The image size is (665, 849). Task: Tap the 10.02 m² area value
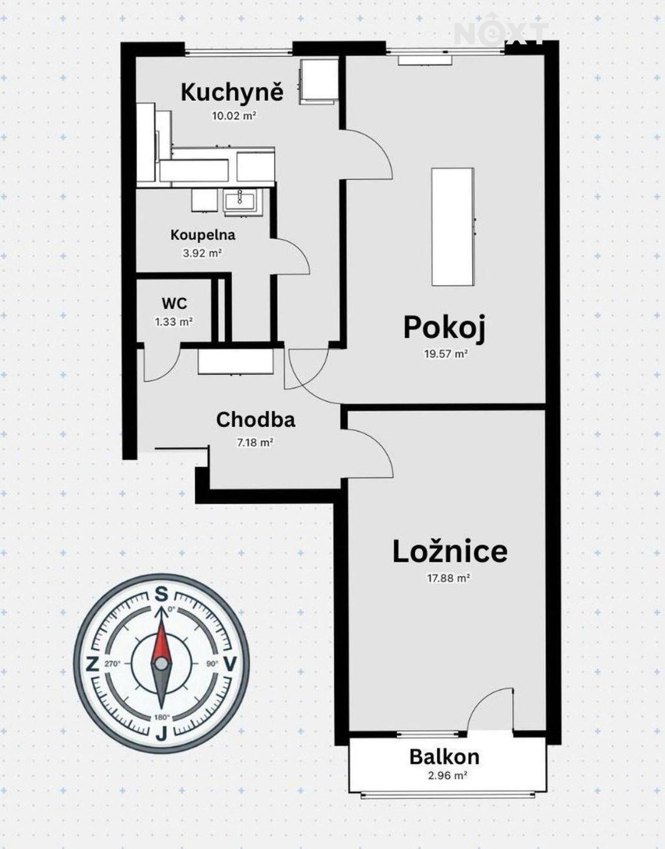(234, 116)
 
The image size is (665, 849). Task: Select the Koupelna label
(203, 235)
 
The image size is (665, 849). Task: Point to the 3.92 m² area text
(202, 254)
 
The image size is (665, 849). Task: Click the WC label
(174, 303)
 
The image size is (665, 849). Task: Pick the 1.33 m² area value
(174, 322)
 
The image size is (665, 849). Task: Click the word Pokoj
(444, 328)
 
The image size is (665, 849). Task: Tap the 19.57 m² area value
(446, 354)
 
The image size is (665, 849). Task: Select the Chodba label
(256, 420)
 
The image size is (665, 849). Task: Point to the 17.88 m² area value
(449, 578)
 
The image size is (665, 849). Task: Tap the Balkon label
(444, 757)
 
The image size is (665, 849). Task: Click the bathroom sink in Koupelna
(240, 201)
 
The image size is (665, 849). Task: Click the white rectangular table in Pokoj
(453, 227)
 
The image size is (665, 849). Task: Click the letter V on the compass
(230, 664)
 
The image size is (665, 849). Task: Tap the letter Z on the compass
(92, 664)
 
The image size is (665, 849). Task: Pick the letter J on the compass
(161, 735)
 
